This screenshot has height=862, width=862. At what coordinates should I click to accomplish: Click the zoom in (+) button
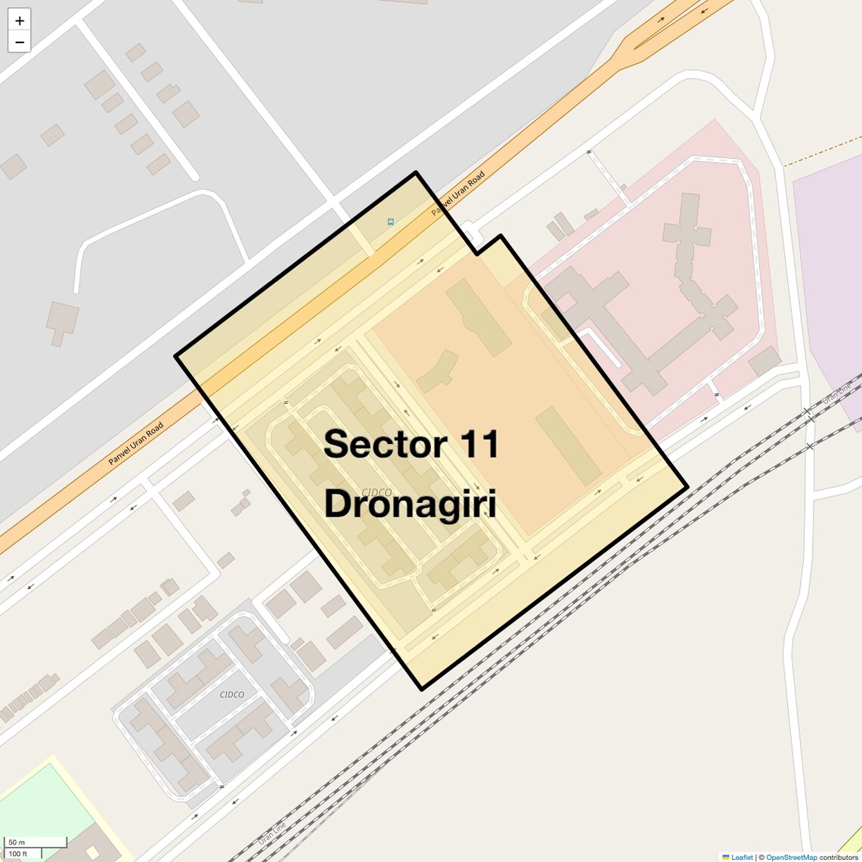pos(20,20)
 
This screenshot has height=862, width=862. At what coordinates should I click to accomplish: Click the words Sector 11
pos(411,444)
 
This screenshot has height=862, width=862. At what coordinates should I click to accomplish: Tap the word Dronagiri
pos(411,504)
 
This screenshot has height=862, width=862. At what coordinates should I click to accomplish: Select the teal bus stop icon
pos(391,222)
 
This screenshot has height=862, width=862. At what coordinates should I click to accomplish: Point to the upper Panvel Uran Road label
pos(458,194)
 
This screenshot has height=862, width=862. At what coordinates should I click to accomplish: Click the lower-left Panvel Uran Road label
pos(135,444)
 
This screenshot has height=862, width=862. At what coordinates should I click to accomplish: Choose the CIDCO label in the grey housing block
pos(231,694)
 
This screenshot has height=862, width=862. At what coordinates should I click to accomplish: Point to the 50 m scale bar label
pos(17,842)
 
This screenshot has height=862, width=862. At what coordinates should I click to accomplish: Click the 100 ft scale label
pos(18,854)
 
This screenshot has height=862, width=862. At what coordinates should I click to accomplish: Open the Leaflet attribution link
pos(742,857)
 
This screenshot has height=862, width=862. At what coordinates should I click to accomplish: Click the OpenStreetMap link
pos(791,857)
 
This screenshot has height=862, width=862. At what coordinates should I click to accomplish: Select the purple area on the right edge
pos(832,265)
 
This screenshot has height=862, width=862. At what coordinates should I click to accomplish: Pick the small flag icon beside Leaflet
pos(726,857)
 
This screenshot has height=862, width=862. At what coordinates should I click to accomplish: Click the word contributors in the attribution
pos(839,857)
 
